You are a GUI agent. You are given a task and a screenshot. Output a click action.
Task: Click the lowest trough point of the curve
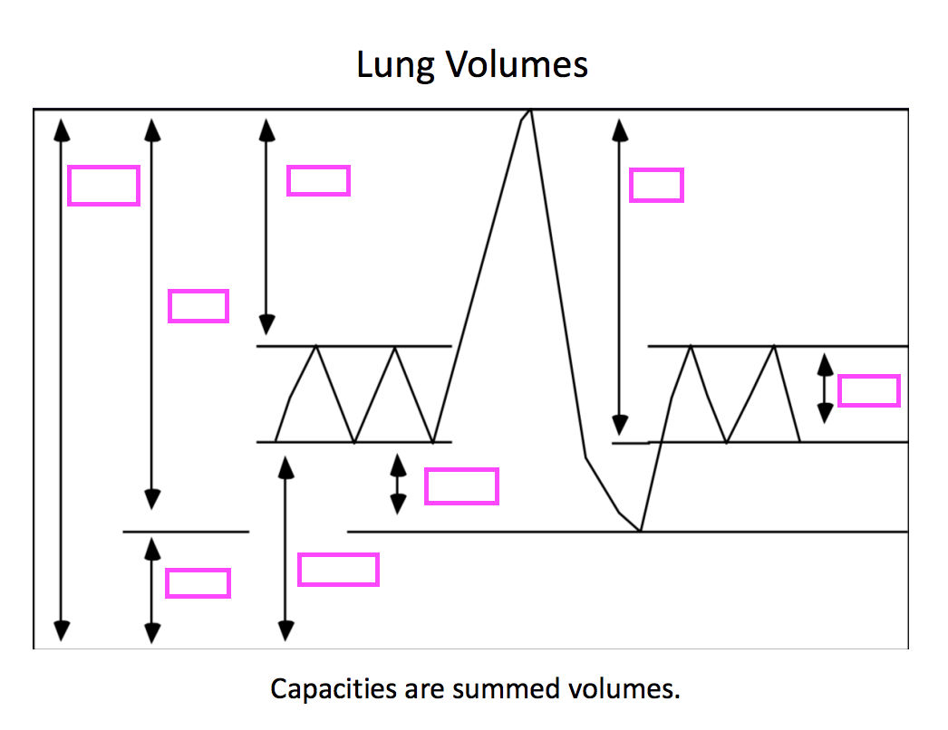[x=641, y=531]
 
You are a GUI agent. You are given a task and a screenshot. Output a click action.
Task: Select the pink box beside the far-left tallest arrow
[x=103, y=186]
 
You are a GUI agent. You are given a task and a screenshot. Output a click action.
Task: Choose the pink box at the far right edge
[x=868, y=391]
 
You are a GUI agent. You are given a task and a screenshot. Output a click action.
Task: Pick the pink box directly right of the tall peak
[x=656, y=185]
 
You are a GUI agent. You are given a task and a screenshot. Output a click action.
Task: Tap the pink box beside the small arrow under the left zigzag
[x=461, y=486]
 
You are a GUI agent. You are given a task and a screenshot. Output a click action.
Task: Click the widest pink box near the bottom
[x=338, y=570]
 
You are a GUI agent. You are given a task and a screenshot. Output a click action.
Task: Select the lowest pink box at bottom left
[x=198, y=582]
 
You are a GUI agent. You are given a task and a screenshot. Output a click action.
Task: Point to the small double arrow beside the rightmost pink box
[x=825, y=389]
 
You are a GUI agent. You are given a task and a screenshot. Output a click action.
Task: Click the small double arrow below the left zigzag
[x=397, y=485]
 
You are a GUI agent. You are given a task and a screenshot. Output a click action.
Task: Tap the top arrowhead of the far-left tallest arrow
[x=62, y=129]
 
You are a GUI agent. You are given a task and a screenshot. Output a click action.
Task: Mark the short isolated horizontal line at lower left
[x=186, y=532]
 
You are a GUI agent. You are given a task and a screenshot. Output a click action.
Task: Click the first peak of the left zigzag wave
[x=315, y=346]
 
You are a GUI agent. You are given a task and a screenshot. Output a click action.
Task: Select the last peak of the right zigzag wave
[x=775, y=346]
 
